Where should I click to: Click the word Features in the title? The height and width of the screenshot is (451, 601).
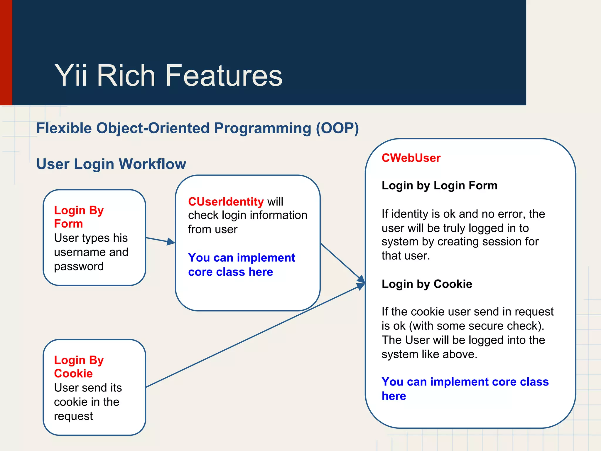pyautogui.click(x=224, y=76)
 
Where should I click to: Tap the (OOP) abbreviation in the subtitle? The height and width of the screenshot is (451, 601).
pyautogui.click(x=337, y=128)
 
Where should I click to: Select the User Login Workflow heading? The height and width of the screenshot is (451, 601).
pyautogui.click(x=111, y=164)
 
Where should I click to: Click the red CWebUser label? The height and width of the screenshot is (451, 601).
pyautogui.click(x=411, y=158)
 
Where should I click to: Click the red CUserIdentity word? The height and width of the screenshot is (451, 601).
pyautogui.click(x=226, y=202)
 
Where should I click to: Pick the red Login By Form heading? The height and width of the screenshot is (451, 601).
pyautogui.click(x=79, y=217)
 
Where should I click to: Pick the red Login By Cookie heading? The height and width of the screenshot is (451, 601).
pyautogui.click(x=79, y=366)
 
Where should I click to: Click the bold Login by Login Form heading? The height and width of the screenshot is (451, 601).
pyautogui.click(x=439, y=186)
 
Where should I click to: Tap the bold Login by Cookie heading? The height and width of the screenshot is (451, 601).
pyautogui.click(x=427, y=284)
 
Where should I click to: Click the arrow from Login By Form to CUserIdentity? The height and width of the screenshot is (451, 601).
pyautogui.click(x=160, y=240)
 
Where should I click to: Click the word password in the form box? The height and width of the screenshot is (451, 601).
pyautogui.click(x=79, y=266)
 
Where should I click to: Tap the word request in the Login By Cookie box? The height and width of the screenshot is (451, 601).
pyautogui.click(x=73, y=416)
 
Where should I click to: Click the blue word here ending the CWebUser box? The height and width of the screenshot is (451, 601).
pyautogui.click(x=394, y=396)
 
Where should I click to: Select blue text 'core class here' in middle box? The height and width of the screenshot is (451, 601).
pyautogui.click(x=230, y=272)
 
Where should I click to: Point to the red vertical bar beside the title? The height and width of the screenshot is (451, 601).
pyautogui.click(x=6, y=53)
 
